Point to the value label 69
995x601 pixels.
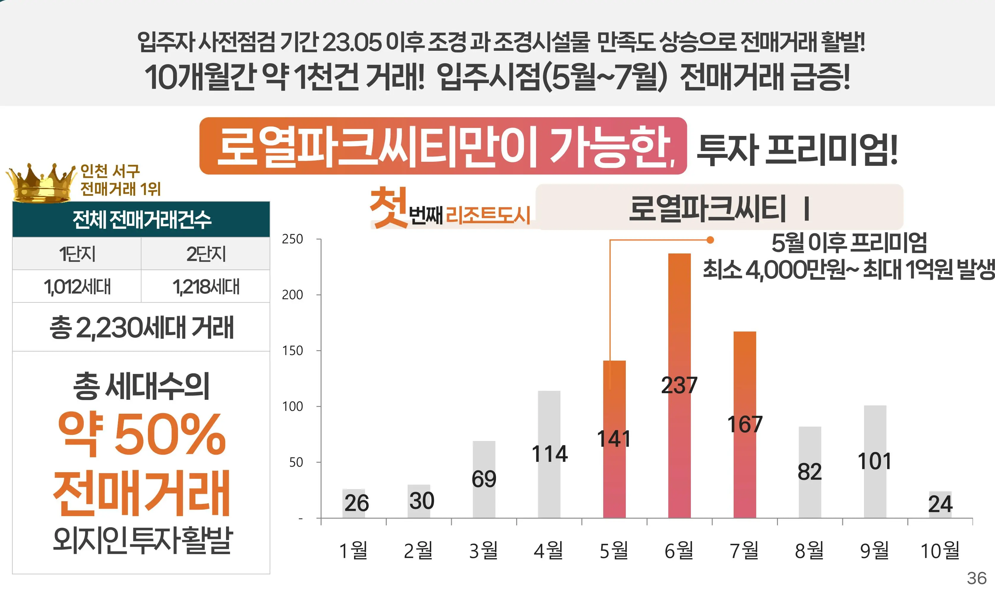pyautogui.click(x=484, y=479)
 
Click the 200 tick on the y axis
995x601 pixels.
pyautogui.click(x=292, y=295)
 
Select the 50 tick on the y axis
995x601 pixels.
pyautogui.click(x=296, y=462)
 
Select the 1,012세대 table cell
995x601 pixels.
pyautogui.click(x=77, y=287)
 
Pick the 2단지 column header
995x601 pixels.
pyautogui.click(x=206, y=254)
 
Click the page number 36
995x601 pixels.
pyautogui.click(x=976, y=578)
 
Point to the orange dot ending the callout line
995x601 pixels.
pyautogui.click(x=710, y=240)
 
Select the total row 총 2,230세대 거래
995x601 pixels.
pyautogui.click(x=141, y=327)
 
